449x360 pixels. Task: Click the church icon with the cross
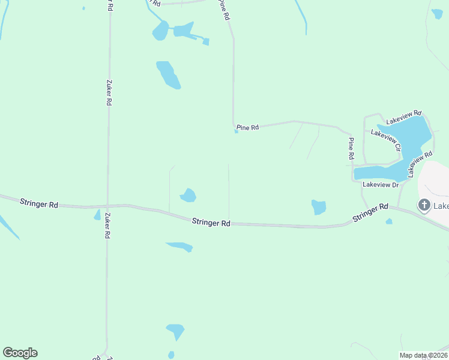pyautogui.click(x=424, y=206)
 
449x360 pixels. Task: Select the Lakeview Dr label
pyautogui.click(x=381, y=185)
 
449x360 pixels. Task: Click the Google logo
pyautogui.click(x=20, y=353)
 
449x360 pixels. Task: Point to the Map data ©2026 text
pyautogui.click(x=423, y=355)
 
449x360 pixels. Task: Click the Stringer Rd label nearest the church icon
pyautogui.click(x=370, y=213)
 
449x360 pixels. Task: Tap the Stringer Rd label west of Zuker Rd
pyautogui.click(x=38, y=203)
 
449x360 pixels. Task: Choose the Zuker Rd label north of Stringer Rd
pyautogui.click(x=109, y=93)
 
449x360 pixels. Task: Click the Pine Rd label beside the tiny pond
pyautogui.click(x=247, y=127)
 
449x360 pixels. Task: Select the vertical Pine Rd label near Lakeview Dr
pyautogui.click(x=351, y=148)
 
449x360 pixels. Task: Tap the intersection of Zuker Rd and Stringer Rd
pyautogui.click(x=108, y=205)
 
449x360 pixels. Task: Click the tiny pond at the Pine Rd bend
pyautogui.click(x=237, y=132)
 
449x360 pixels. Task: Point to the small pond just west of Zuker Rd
pyautogui.click(x=97, y=215)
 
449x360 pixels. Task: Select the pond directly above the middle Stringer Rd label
pyautogui.click(x=188, y=195)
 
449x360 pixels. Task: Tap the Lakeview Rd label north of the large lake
pyautogui.click(x=404, y=116)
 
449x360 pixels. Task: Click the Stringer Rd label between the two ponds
pyautogui.click(x=211, y=223)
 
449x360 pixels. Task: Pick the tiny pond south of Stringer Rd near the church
pyautogui.click(x=389, y=221)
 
